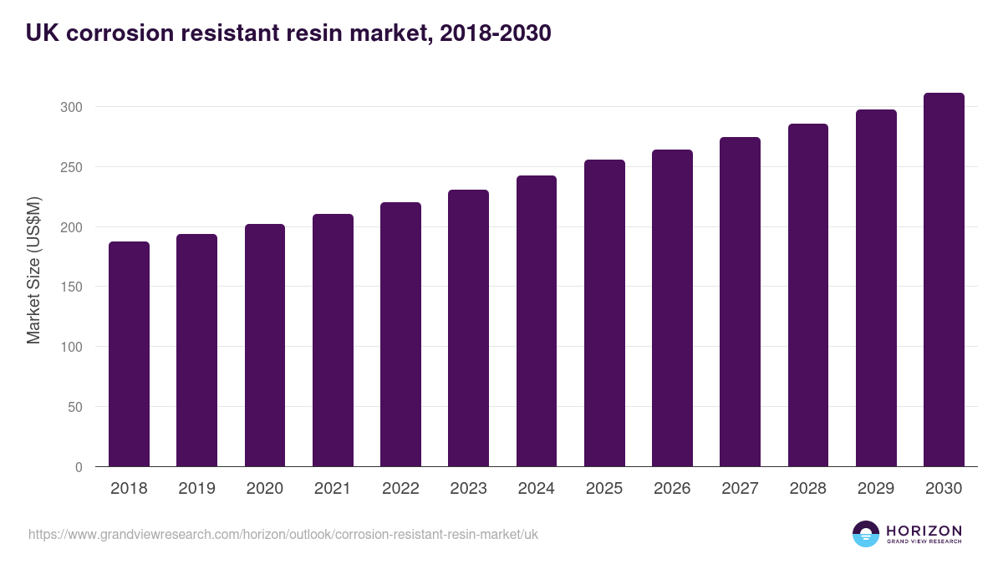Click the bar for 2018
click(x=129, y=354)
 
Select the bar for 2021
click(x=333, y=340)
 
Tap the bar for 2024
click(x=537, y=321)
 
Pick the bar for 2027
click(x=740, y=302)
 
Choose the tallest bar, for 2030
click(x=944, y=280)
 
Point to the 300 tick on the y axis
click(x=74, y=107)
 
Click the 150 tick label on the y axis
click(x=74, y=287)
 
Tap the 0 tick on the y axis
click(x=79, y=467)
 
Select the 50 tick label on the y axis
click(x=76, y=407)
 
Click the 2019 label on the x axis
click(x=196, y=489)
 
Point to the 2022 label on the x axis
click(x=400, y=489)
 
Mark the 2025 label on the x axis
click(x=604, y=489)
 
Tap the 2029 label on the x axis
click(x=876, y=489)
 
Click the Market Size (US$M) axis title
click(x=33, y=271)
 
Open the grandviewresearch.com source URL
click(x=283, y=534)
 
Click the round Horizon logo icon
click(x=866, y=534)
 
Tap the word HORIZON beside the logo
click(x=924, y=530)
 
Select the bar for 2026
click(x=672, y=308)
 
